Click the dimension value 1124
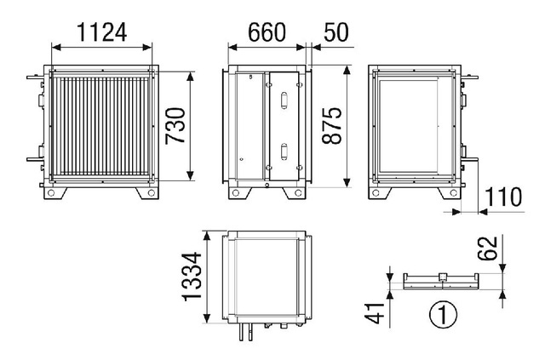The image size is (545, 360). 102,32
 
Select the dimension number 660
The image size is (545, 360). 267,32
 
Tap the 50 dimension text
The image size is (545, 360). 336,32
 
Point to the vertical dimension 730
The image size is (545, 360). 175,126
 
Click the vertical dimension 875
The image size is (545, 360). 332,126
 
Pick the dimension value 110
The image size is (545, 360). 503,197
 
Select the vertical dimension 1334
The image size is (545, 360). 192,277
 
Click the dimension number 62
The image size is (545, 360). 487,249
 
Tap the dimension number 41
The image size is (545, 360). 375,313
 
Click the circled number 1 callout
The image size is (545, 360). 443,315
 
